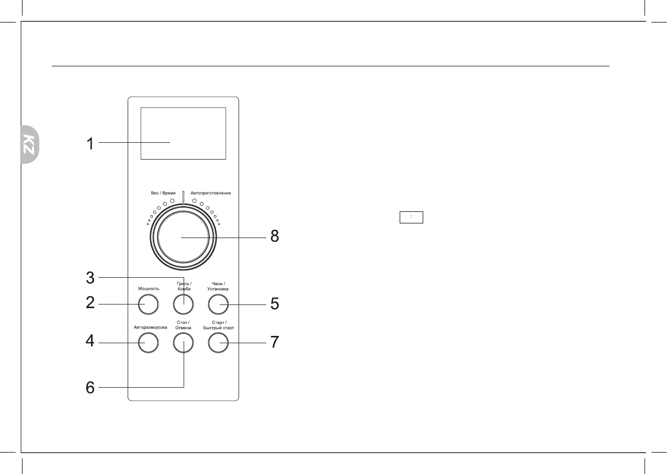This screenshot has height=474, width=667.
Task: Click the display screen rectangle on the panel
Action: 183,133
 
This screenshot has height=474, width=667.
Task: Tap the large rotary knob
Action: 184,238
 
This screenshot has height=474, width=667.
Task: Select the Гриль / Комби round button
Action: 184,304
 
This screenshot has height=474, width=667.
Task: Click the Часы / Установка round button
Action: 219,304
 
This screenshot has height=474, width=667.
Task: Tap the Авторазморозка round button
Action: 148,343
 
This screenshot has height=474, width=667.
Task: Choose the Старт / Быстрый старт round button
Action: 219,343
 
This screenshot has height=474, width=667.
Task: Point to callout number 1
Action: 91,143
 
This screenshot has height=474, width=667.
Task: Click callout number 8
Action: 275,237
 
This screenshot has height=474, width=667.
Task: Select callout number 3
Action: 91,278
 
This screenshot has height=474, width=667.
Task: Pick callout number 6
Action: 91,388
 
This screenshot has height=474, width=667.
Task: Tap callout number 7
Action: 275,343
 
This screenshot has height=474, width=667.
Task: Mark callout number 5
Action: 275,304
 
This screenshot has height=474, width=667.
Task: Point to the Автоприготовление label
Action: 211,194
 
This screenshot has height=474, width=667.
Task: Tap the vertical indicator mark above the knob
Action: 184,196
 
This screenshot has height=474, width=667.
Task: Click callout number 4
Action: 91,343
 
